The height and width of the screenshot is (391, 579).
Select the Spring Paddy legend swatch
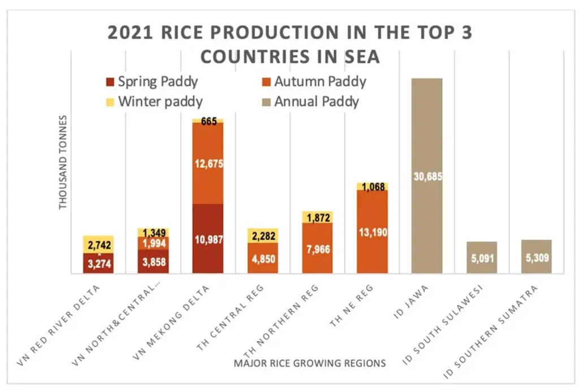click(110, 81)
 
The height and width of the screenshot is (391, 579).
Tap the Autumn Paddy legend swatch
click(266, 81)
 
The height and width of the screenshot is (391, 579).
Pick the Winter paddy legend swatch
click(110, 102)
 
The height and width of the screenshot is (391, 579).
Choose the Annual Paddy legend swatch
click(266, 102)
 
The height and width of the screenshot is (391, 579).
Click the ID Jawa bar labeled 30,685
click(427, 176)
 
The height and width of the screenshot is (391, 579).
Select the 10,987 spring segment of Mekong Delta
click(208, 239)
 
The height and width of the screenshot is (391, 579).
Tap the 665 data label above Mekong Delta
click(208, 121)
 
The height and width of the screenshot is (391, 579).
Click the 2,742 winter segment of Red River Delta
click(98, 244)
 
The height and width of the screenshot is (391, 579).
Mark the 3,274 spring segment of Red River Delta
click(98, 263)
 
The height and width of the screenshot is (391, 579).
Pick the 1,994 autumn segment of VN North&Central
click(153, 243)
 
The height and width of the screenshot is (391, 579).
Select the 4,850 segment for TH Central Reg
click(263, 258)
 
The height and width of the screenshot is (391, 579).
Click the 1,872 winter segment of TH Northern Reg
click(318, 217)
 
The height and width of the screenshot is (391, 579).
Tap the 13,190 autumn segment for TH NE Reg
click(373, 232)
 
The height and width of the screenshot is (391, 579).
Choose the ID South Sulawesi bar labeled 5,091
click(482, 258)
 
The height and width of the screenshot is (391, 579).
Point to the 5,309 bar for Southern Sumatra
click(537, 257)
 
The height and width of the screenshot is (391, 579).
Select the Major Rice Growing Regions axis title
click(310, 363)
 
